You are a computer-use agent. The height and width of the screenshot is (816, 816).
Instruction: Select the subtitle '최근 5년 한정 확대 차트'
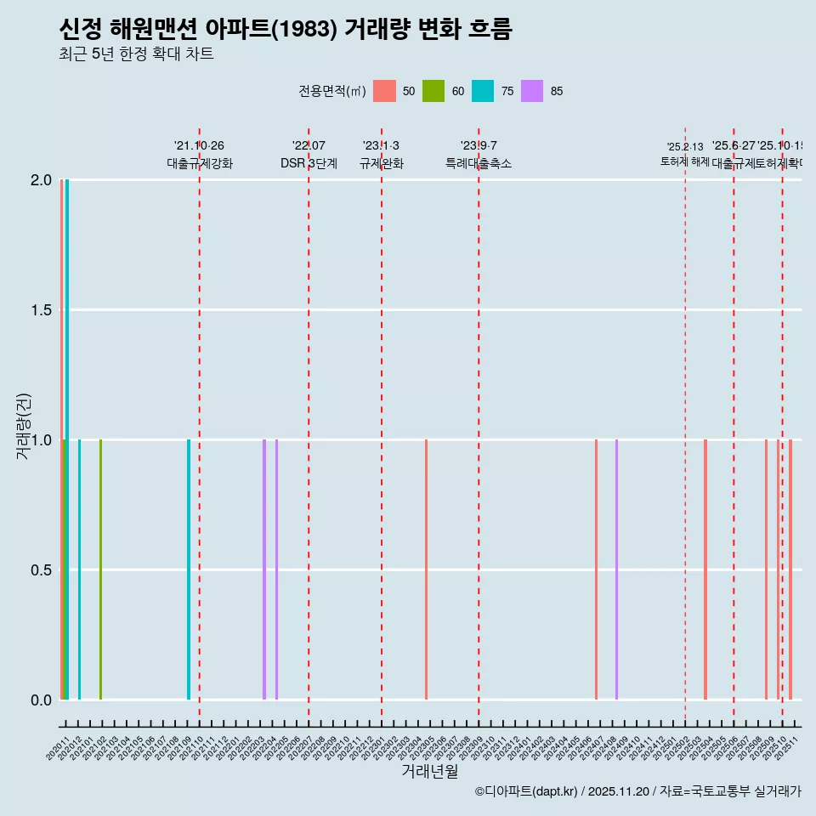click(x=136, y=54)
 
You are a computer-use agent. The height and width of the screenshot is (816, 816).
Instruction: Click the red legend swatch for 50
click(x=385, y=91)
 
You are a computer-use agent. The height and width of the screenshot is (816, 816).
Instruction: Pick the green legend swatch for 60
click(x=433, y=91)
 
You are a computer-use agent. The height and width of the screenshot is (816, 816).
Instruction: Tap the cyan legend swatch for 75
click(x=483, y=91)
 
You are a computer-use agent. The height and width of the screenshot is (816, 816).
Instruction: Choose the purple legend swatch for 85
click(x=532, y=91)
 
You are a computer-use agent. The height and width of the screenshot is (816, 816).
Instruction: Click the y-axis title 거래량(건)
click(x=23, y=426)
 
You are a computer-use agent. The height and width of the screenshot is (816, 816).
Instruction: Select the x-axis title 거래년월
click(x=429, y=771)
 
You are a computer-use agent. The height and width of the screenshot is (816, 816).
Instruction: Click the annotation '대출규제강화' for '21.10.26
click(x=199, y=163)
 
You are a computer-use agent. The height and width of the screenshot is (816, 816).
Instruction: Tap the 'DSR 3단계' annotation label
click(x=309, y=163)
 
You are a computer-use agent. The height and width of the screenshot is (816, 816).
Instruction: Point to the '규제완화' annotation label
click(x=381, y=163)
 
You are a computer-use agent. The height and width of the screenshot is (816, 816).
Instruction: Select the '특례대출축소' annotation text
click(x=479, y=163)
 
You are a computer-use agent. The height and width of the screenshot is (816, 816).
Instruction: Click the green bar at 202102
click(x=100, y=569)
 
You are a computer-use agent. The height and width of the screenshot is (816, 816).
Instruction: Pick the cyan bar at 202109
click(x=189, y=569)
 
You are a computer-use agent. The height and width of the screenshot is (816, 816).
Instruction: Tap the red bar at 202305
click(x=426, y=569)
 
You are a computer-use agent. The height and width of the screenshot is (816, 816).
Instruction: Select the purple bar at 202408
click(x=616, y=569)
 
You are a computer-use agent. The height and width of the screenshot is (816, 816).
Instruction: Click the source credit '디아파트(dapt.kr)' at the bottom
click(x=527, y=791)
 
